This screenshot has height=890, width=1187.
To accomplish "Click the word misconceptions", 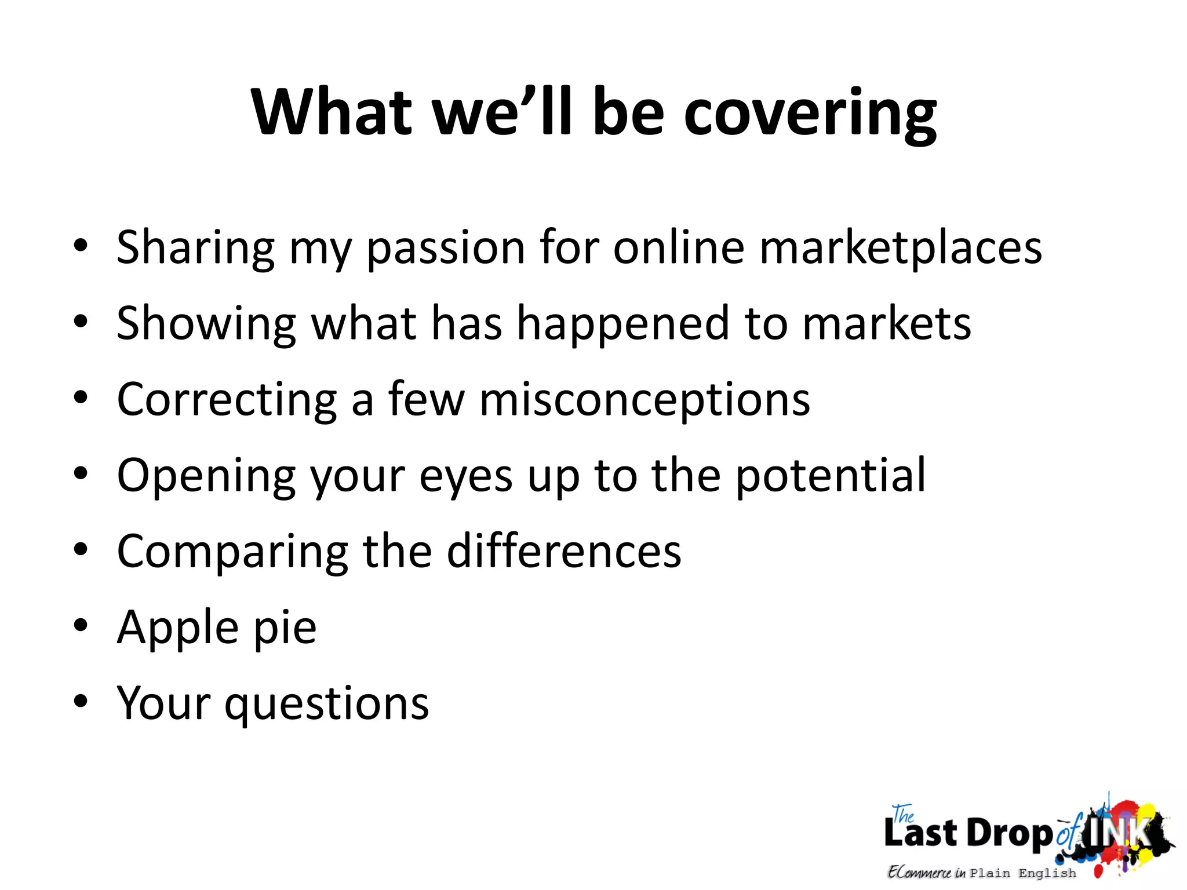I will [x=645, y=400].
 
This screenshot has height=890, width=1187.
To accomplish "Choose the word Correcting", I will [x=227, y=400].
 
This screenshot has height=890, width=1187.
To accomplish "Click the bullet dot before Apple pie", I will [x=81, y=626].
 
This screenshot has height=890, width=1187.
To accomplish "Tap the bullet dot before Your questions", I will [x=81, y=702].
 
